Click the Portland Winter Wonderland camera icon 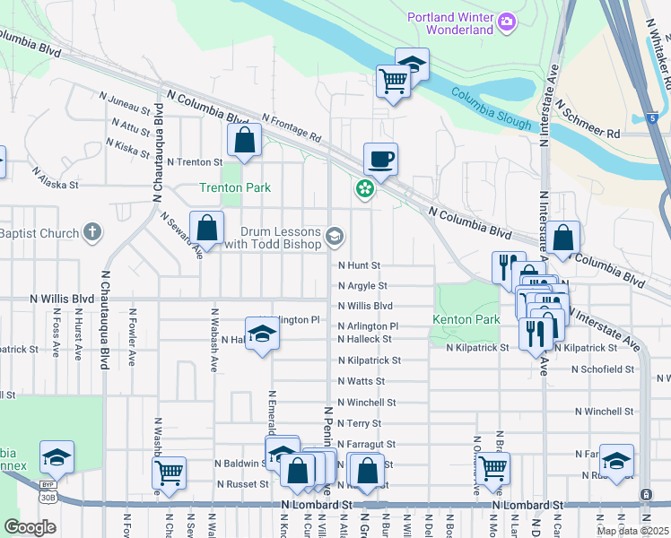click(x=506, y=21)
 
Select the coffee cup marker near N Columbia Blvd click(x=380, y=160)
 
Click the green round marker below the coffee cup click(x=365, y=188)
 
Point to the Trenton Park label click(x=234, y=187)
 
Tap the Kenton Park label click(x=466, y=319)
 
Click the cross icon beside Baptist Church click(x=91, y=233)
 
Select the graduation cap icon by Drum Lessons click(x=335, y=237)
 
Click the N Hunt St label click(x=360, y=265)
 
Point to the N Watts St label click(x=362, y=381)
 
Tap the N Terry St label click(x=360, y=423)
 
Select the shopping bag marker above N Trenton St click(x=245, y=140)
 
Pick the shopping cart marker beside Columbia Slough click(x=393, y=81)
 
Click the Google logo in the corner click(x=30, y=527)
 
